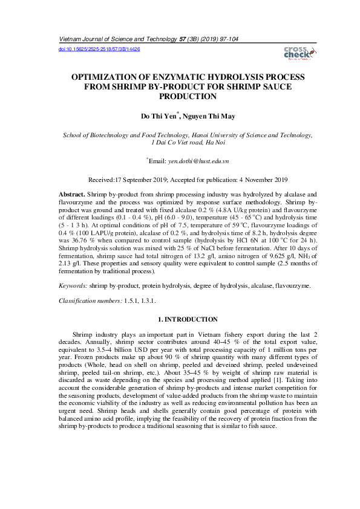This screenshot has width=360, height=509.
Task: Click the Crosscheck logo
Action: click(x=297, y=53)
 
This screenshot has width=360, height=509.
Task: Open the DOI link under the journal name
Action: click(x=99, y=48)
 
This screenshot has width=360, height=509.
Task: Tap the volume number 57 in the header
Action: click(x=182, y=39)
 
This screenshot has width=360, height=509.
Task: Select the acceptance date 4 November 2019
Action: click(x=254, y=180)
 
